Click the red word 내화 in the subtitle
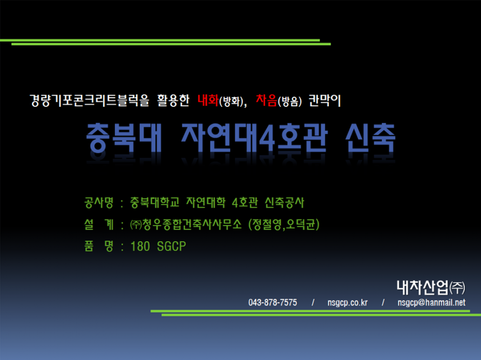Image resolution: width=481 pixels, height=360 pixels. pyautogui.click(x=208, y=100)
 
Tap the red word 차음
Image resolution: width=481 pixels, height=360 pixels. pyautogui.click(x=266, y=100)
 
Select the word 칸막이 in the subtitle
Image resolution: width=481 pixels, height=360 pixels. pyautogui.click(x=324, y=101)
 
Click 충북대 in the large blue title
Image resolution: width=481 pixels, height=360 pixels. pyautogui.click(x=124, y=138)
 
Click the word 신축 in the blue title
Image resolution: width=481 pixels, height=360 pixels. pyautogui.click(x=370, y=138)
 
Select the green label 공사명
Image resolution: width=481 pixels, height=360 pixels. pyautogui.click(x=99, y=202)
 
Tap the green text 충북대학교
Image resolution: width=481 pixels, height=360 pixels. pyautogui.click(x=155, y=202)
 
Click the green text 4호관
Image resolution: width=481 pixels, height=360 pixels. pyautogui.click(x=245, y=202)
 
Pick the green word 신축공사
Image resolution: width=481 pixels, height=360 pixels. pyautogui.click(x=285, y=202)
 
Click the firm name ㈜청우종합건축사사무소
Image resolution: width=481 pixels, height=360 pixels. pyautogui.click(x=186, y=224)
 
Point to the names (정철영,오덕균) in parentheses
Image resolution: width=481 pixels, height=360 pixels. pyautogui.click(x=284, y=224)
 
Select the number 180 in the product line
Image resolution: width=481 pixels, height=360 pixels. pyautogui.click(x=140, y=246)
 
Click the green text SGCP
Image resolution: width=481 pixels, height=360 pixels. pyautogui.click(x=171, y=246)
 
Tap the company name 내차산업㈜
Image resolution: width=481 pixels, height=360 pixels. pyautogui.click(x=431, y=287)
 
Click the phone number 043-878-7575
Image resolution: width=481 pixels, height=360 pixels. pyautogui.click(x=273, y=303)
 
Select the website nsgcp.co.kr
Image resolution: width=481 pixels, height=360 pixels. pyautogui.click(x=347, y=303)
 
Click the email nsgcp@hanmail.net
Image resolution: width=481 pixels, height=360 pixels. pyautogui.click(x=431, y=303)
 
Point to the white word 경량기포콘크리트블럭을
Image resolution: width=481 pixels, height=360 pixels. pyautogui.click(x=90, y=101)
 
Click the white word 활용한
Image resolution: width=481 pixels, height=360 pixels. pyautogui.click(x=173, y=101)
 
